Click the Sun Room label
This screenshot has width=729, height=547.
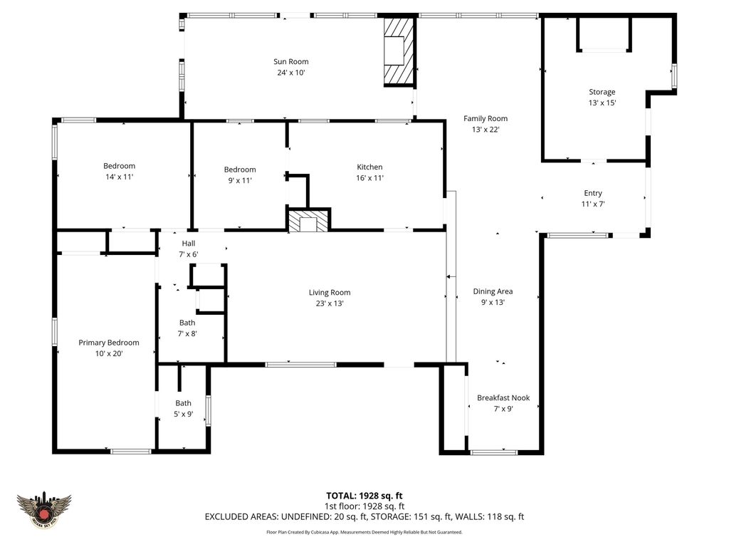pos(291,62)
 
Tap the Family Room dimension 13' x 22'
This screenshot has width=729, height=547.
pos(486,130)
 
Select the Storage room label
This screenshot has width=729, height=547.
pos(602,92)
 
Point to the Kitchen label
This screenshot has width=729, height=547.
pos(369,167)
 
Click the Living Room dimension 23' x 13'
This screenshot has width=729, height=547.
pos(330,303)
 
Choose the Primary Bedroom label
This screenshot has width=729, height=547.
pos(108,343)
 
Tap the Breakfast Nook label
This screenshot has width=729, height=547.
pos(503,398)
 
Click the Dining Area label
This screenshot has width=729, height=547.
pos(493,291)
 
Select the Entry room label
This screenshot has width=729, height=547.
pos(592,193)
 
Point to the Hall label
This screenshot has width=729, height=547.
pos(188,244)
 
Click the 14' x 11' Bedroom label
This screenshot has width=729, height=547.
pos(119,166)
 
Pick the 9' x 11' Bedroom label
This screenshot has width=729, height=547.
pos(240,170)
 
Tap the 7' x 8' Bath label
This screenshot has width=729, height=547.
pos(187,323)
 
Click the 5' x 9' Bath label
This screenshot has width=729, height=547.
pos(184,403)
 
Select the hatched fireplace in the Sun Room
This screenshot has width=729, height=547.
pos(398,51)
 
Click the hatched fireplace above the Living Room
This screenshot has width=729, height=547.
pos(308,221)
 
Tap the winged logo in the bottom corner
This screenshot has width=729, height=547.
pos(44,511)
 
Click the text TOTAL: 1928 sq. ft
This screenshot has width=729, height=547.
pos(364,496)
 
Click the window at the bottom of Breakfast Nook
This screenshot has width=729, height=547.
pos(494,452)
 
